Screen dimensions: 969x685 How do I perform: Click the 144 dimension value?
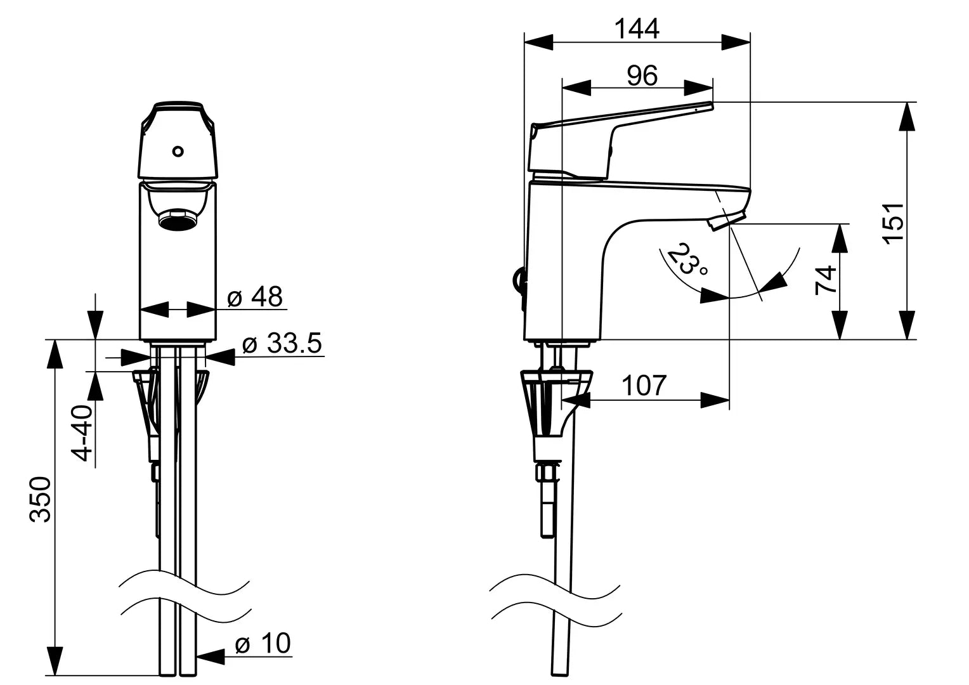(x=637, y=29)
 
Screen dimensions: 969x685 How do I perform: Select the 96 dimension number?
(x=642, y=75)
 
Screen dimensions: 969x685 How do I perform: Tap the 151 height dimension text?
(x=893, y=223)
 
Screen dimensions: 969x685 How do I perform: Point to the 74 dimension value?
(x=826, y=280)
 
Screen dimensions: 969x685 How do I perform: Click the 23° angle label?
(x=688, y=259)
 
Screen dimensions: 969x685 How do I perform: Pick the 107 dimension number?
(x=644, y=386)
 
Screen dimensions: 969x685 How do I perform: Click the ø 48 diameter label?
(x=255, y=297)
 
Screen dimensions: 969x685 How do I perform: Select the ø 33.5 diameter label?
(x=282, y=343)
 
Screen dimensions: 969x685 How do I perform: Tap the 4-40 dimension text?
(x=82, y=433)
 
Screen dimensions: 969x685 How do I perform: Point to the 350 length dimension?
(x=40, y=499)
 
